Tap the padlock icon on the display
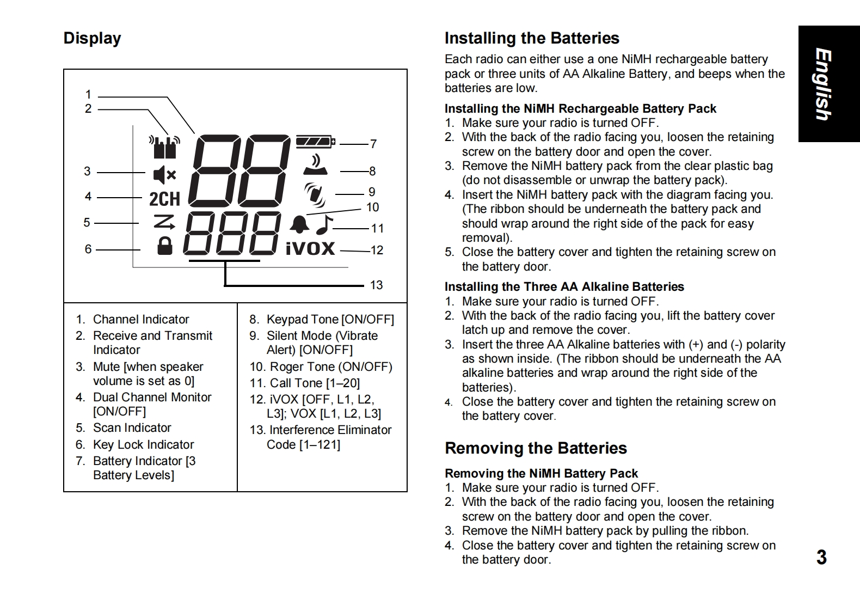tap(164, 246)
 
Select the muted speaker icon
tap(164, 175)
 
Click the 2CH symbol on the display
tap(164, 199)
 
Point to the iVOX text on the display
tap(310, 248)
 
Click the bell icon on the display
tap(299, 224)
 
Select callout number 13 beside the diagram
tap(376, 285)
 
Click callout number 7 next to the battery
tap(373, 144)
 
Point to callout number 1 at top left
tap(88, 95)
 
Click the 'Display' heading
tap(92, 38)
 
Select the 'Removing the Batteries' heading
tap(536, 448)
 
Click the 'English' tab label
tap(823, 84)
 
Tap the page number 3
tap(821, 558)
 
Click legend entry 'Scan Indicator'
tap(132, 428)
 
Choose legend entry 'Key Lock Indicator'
tap(143, 445)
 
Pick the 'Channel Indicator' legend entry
tap(141, 320)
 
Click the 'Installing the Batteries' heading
tap(532, 38)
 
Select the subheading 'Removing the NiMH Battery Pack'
tap(541, 474)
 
